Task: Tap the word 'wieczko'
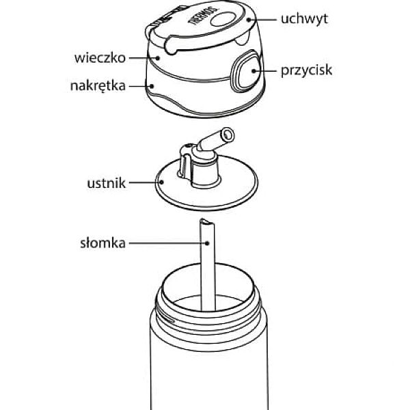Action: point(100,57)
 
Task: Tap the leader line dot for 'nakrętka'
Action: point(152,87)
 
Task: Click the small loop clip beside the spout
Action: point(183,164)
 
